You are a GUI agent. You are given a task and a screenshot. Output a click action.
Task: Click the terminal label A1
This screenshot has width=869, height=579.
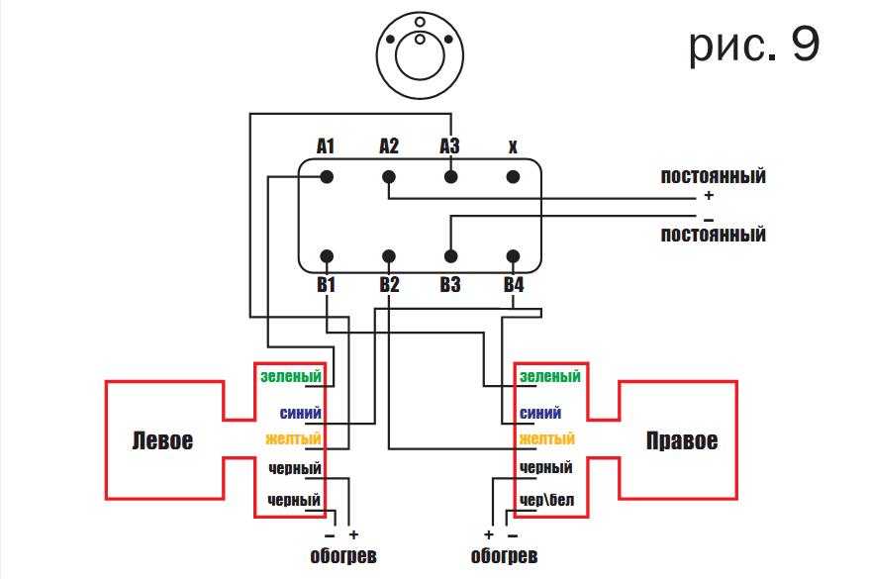pyautogui.click(x=326, y=146)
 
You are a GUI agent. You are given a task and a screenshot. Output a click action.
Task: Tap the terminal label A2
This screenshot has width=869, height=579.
pyautogui.click(x=389, y=146)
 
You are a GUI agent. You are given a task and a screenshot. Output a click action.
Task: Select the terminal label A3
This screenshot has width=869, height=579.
pyautogui.click(x=450, y=146)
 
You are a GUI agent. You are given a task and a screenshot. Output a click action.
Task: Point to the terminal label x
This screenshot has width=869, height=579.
pyautogui.click(x=513, y=147)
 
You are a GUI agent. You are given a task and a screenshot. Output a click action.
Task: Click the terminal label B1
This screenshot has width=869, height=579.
pyautogui.click(x=326, y=285)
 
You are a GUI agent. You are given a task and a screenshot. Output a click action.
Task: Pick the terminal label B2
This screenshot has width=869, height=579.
pyautogui.click(x=389, y=285)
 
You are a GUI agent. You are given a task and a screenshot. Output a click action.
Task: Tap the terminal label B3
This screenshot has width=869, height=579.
pyautogui.click(x=450, y=285)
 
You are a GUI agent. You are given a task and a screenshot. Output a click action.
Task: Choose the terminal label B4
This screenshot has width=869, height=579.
pyautogui.click(x=513, y=285)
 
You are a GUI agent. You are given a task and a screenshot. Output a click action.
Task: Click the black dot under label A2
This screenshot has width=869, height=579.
pyautogui.click(x=389, y=177)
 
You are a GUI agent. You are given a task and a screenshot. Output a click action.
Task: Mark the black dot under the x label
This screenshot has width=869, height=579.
pyautogui.click(x=513, y=177)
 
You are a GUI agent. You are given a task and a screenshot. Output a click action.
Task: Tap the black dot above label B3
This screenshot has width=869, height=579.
pyautogui.click(x=450, y=255)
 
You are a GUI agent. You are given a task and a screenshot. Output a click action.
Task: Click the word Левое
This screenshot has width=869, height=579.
pyautogui.click(x=162, y=440)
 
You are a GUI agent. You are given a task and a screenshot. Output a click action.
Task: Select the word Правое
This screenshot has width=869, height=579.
pyautogui.click(x=682, y=440)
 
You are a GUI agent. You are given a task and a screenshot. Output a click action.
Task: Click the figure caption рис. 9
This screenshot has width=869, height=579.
pyautogui.click(x=754, y=46)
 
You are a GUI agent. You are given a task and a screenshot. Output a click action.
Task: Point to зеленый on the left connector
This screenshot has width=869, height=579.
pyautogui.click(x=291, y=376)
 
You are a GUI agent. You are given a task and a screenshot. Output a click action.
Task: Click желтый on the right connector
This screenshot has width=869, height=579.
pyautogui.click(x=546, y=438)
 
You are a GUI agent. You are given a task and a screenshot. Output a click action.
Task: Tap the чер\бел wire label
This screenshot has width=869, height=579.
pyautogui.click(x=546, y=500)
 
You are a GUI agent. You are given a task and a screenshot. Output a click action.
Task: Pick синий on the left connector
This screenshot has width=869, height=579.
pyautogui.click(x=301, y=413)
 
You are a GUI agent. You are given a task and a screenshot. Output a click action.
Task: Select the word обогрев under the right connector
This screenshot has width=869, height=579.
pyautogui.click(x=505, y=556)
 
